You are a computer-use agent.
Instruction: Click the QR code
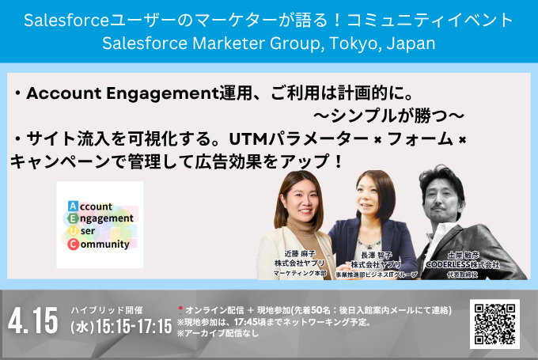click(498, 324)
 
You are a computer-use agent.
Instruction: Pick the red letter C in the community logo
click(74, 244)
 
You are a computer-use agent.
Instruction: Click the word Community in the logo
click(104, 244)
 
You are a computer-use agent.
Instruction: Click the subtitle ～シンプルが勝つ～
click(389, 116)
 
